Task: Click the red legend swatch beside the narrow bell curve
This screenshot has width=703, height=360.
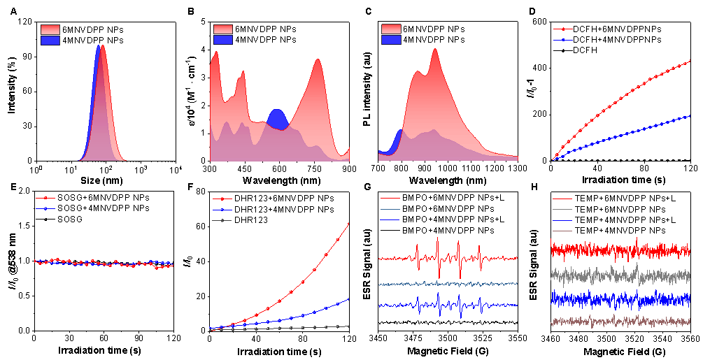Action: point(50,29)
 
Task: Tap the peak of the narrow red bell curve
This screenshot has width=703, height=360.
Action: point(103,47)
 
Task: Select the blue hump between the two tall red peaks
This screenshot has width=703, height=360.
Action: point(277,118)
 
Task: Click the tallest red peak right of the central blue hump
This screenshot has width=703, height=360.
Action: point(318,60)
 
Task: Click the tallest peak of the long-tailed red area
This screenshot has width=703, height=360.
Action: point(435,50)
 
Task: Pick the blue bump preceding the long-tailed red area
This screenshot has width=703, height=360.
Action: point(399,137)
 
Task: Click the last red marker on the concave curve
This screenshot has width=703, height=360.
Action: point(690,61)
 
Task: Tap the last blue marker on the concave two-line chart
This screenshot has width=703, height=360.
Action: point(690,116)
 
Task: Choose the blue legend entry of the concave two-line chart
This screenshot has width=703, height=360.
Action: point(563,40)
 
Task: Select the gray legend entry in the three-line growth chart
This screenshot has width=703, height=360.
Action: point(222,220)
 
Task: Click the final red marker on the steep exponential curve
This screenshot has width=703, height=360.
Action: point(349,224)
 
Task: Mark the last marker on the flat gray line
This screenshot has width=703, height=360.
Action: point(349,326)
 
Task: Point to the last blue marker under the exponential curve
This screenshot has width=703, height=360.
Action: point(349,299)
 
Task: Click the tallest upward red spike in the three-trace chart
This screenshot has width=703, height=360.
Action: point(438,240)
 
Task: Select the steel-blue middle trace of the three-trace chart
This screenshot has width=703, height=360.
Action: point(448,284)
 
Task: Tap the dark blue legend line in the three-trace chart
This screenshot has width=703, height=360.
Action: point(390,219)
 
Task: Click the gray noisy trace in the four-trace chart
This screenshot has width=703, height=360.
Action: point(620,276)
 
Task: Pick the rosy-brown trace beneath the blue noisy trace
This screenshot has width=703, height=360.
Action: point(620,321)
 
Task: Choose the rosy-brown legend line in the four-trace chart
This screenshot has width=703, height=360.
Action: point(562,231)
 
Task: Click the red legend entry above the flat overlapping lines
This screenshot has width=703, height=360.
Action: point(45,198)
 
